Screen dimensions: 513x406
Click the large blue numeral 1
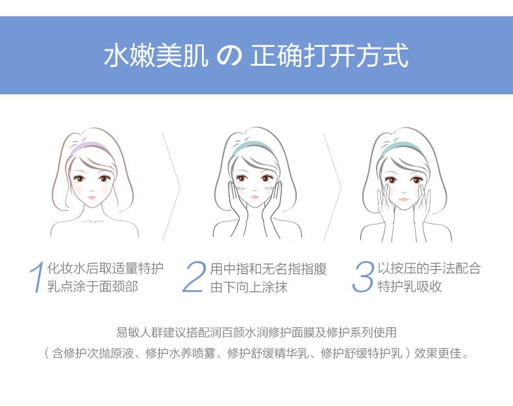click(38, 277)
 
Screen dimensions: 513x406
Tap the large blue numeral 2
click(194, 277)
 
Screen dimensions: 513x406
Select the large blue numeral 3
click(363, 277)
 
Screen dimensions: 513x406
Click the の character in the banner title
click(229, 57)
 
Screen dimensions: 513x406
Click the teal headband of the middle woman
click(252, 145)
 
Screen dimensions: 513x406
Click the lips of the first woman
click(92, 198)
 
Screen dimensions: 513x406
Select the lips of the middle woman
click(255, 197)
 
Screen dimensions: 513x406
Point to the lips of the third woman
click(404, 199)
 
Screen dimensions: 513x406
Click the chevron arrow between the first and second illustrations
click(172, 187)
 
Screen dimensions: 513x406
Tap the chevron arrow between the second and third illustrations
click(332, 187)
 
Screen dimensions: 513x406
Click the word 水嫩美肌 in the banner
click(156, 57)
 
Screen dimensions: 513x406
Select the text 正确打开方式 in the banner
click(329, 57)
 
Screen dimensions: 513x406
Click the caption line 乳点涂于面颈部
click(93, 286)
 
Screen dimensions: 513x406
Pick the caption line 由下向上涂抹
click(249, 287)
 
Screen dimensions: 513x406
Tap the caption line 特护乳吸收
click(410, 286)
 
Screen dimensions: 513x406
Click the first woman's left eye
click(79, 178)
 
